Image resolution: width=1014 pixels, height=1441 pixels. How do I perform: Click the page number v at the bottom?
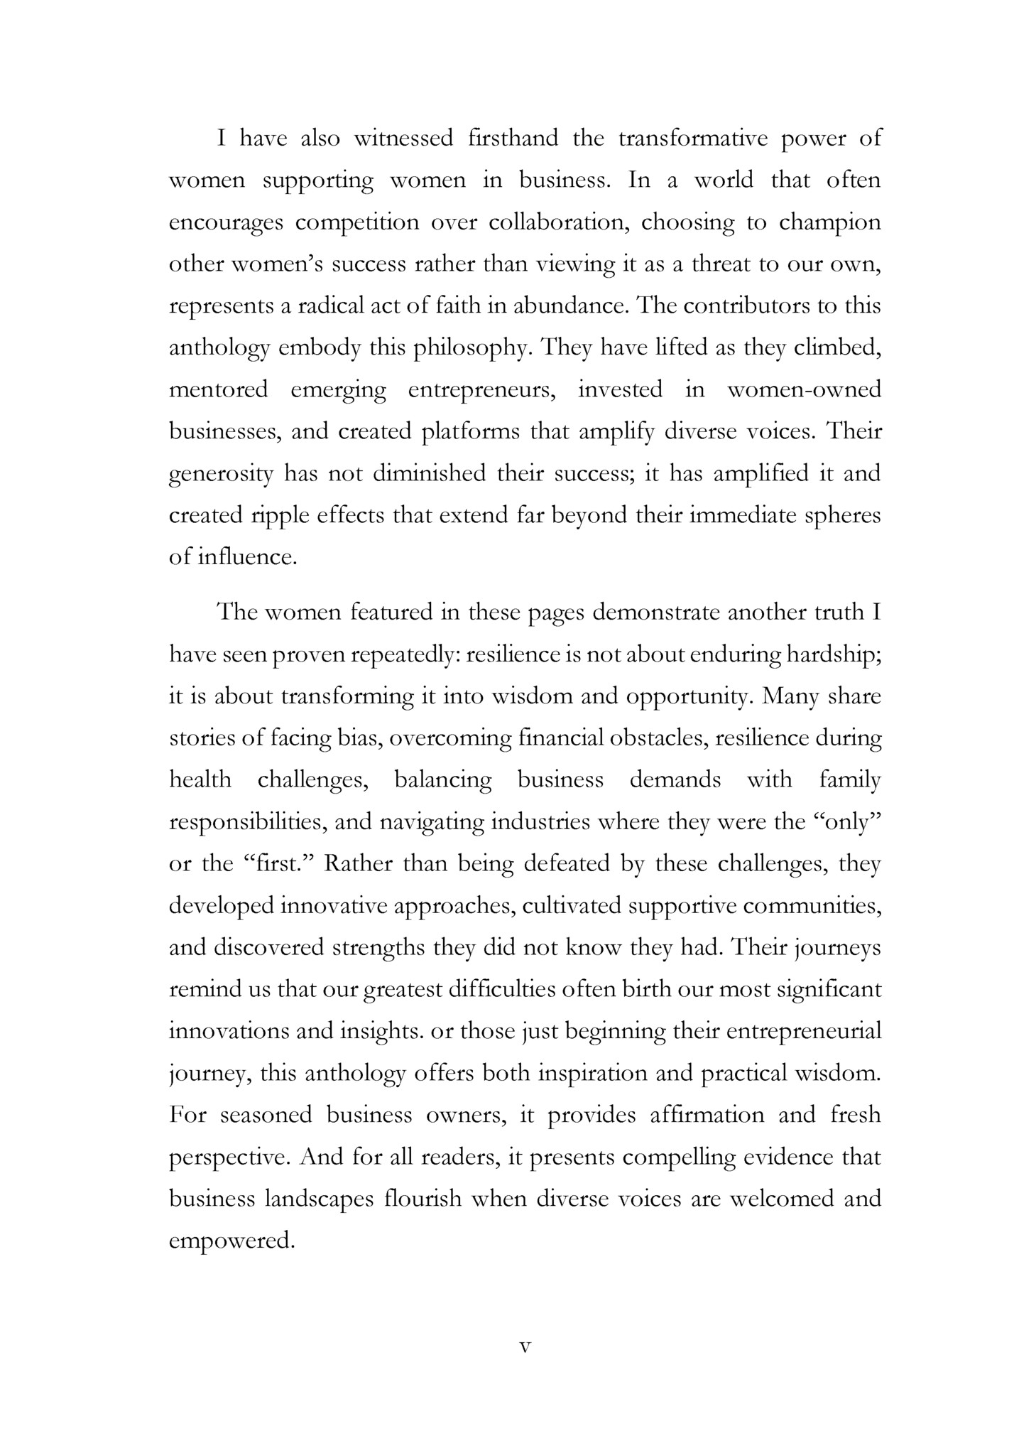click(525, 1347)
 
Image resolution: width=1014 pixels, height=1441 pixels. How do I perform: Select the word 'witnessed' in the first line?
click(403, 138)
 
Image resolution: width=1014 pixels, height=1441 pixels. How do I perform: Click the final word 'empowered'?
click(231, 1241)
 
